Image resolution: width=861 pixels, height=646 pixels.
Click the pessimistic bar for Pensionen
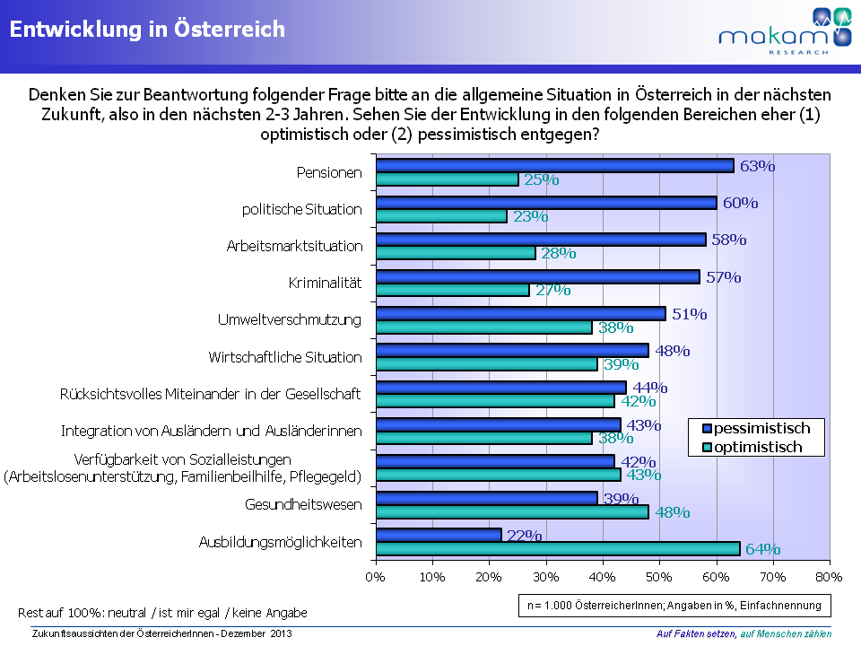point(554,166)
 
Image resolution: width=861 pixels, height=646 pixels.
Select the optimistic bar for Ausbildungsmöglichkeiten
point(557,549)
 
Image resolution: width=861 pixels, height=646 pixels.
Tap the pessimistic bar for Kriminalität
point(537,277)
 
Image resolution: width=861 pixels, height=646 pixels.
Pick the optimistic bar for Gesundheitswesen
point(512,512)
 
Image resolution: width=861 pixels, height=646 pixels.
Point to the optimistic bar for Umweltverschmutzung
point(483,327)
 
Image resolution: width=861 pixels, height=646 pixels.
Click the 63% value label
point(757,166)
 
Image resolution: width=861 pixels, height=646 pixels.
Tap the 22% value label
point(525,536)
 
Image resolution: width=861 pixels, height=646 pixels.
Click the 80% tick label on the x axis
point(830,575)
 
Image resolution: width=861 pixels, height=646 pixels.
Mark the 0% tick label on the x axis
point(375,575)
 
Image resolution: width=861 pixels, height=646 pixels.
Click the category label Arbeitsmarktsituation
point(294,247)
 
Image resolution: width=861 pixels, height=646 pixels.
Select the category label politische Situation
point(302,209)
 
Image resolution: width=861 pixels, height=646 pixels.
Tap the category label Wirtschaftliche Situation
point(285,357)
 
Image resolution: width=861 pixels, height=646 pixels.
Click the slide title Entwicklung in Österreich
point(147,30)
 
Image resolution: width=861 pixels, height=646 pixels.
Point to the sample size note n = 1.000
point(674,606)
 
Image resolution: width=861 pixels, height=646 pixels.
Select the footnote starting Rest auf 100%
point(162,613)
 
